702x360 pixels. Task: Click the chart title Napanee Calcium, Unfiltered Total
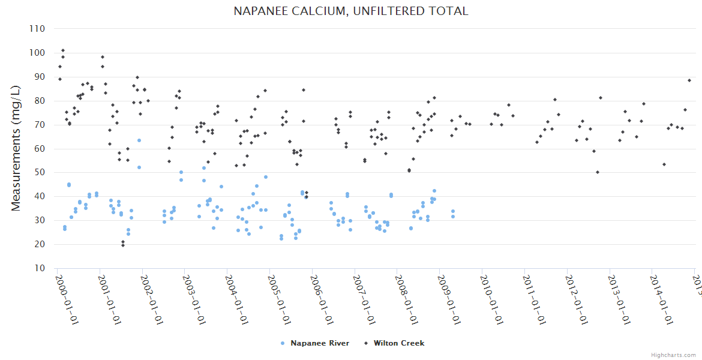[351, 11]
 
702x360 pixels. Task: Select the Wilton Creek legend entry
[398, 343]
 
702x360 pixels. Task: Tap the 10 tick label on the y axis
[40, 268]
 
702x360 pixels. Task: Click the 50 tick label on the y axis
[40, 172]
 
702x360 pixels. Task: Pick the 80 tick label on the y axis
[40, 101]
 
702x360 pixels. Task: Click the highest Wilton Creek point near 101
[63, 50]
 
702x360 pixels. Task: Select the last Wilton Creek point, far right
[689, 80]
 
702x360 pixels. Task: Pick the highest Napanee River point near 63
[139, 140]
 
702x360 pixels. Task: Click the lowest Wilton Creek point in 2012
[598, 172]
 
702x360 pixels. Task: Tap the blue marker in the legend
[283, 343]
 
